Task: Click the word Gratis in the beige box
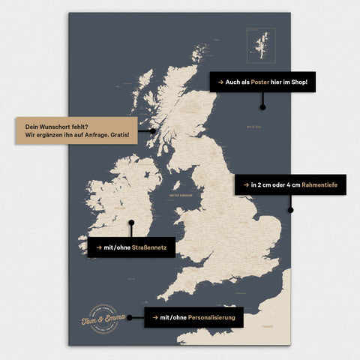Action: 118,136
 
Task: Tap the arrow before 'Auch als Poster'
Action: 220,82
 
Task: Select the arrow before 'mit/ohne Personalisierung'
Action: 155,317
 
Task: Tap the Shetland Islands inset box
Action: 261,45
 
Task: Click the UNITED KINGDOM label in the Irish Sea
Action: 181,196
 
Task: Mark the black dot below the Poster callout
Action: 262,107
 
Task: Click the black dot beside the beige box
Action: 152,130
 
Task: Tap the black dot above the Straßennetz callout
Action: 131,222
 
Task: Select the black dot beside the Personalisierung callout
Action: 130,317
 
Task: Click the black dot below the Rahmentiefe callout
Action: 290,210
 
